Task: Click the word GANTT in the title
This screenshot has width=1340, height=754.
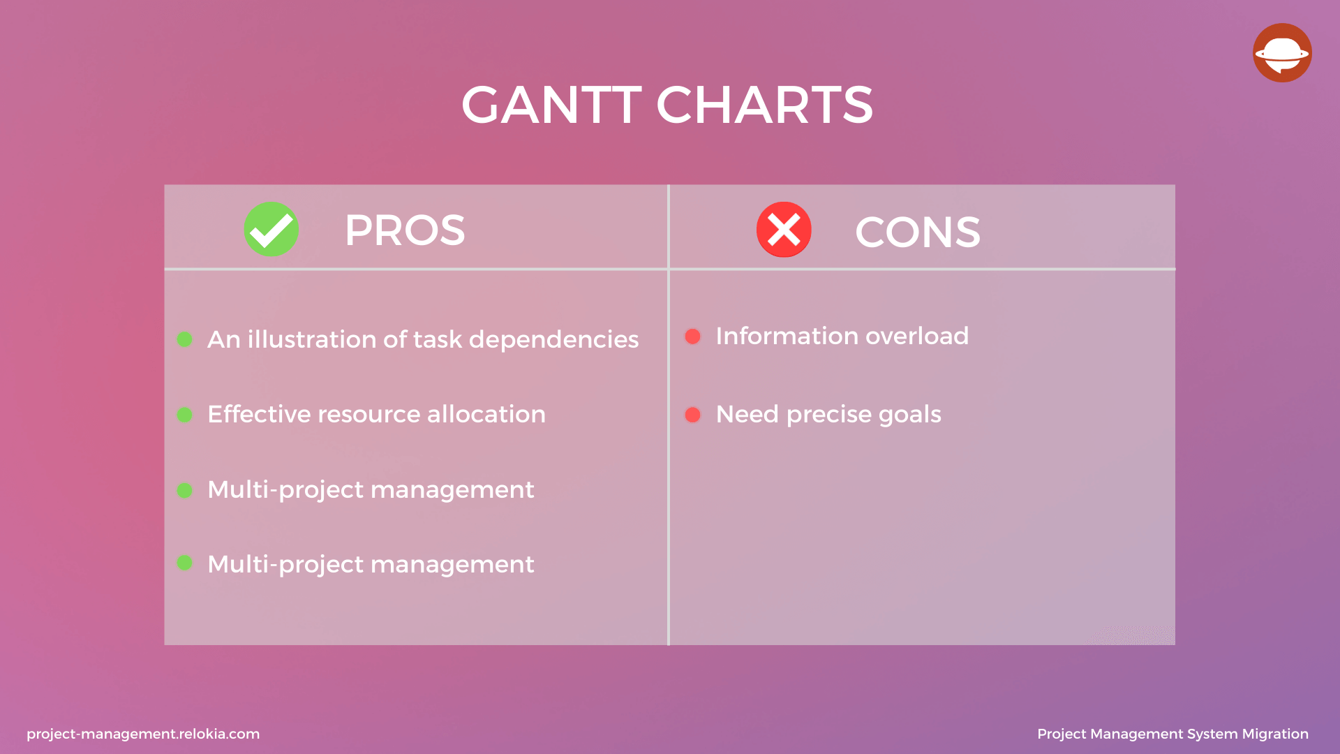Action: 551,105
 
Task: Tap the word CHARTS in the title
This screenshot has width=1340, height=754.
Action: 764,105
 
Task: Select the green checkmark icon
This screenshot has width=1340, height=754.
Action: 271,229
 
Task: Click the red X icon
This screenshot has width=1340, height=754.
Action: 784,230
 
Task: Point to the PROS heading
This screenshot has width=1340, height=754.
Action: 405,230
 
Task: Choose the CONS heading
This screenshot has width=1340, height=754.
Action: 918,232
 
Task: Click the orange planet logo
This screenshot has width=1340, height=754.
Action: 1282,53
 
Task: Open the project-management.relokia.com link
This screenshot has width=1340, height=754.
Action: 143,734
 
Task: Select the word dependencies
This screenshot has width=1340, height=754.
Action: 553,339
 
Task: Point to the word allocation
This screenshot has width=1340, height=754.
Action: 486,414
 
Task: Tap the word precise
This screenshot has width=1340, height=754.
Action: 829,415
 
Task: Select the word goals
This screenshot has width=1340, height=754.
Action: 910,415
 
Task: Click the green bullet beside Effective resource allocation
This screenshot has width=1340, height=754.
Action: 184,415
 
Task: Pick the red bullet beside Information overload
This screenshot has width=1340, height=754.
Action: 692,337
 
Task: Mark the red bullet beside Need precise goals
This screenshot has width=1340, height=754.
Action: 692,415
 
